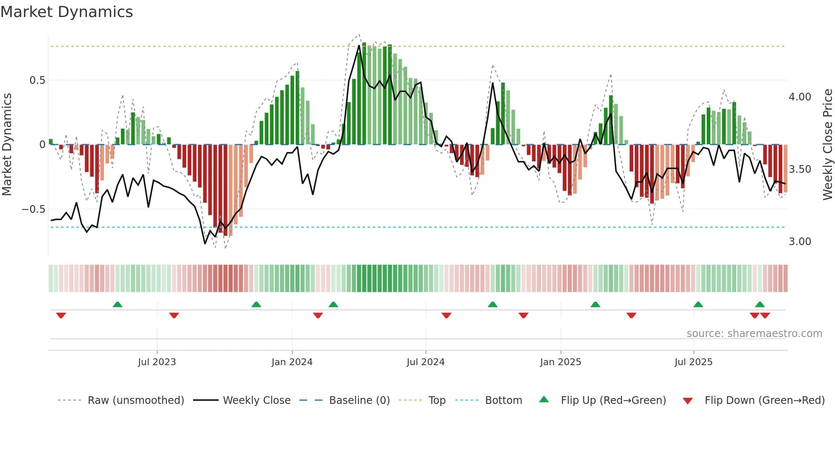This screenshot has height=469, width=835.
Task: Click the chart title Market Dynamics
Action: (67, 12)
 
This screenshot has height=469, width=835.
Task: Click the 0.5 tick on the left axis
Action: (37, 80)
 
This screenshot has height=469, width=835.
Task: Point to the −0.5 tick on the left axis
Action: (33, 209)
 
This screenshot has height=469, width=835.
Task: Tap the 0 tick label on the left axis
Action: (42, 145)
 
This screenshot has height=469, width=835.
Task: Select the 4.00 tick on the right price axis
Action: (800, 97)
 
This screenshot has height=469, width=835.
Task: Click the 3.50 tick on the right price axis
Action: (800, 169)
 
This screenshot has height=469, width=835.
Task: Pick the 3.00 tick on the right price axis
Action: (800, 242)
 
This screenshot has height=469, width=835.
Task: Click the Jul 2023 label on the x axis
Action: (157, 362)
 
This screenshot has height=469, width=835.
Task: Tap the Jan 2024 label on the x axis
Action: (292, 362)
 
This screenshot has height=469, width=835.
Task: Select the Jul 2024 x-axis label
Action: (425, 362)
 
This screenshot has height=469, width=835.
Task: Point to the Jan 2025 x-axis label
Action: (560, 362)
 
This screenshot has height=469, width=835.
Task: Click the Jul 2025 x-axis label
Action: (693, 362)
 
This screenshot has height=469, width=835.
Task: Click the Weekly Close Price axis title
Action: (827, 145)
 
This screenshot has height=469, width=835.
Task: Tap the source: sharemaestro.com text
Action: (754, 334)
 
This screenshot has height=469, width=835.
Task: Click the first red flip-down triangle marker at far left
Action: (61, 315)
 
